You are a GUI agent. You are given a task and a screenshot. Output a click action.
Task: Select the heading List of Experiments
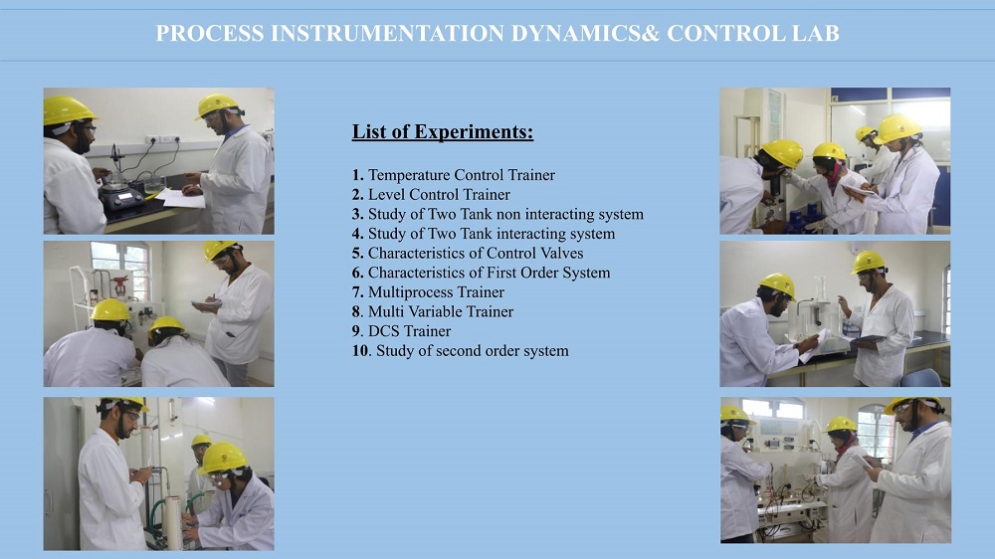[x=443, y=132]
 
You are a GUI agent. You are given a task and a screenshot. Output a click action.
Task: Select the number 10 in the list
[x=360, y=351]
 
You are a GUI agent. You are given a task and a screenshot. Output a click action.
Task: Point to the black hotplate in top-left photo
[x=120, y=198]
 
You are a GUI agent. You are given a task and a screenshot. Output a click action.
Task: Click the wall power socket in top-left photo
[x=162, y=139]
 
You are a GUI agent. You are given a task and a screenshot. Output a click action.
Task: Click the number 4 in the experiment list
[x=357, y=234]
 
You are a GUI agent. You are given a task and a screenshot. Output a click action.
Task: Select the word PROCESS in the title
[x=210, y=33]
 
